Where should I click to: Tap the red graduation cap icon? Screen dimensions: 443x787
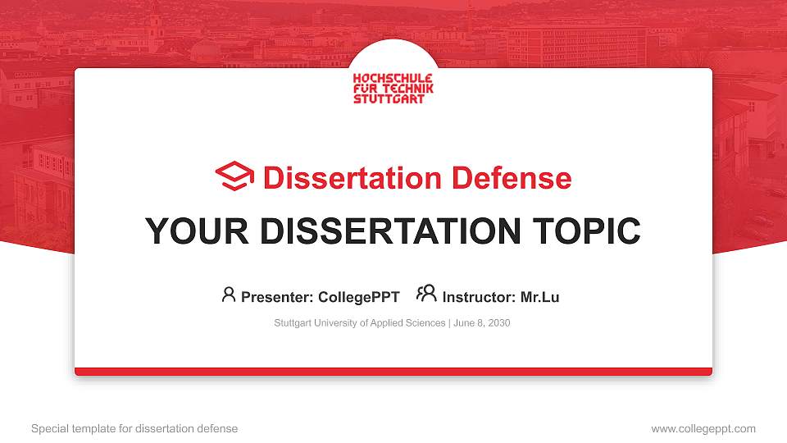click(x=234, y=177)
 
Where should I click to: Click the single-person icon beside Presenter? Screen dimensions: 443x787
click(x=229, y=295)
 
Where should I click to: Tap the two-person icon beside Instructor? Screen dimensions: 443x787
click(x=426, y=294)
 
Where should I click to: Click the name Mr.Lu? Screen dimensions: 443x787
click(x=539, y=297)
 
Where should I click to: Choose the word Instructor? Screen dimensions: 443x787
click(x=480, y=297)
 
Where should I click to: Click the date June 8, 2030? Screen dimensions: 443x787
click(x=481, y=323)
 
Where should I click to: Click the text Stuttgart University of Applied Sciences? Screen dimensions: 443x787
click(x=360, y=323)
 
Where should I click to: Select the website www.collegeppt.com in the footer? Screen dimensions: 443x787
click(x=703, y=428)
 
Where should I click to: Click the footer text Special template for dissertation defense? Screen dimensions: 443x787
click(x=134, y=428)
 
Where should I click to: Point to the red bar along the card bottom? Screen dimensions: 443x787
click(x=393, y=372)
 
